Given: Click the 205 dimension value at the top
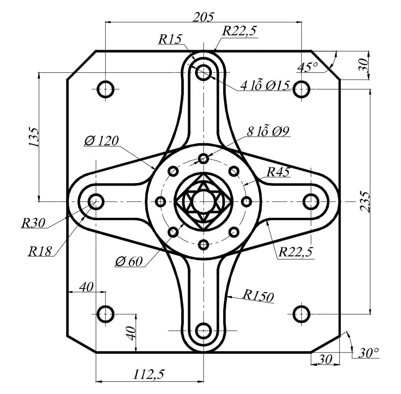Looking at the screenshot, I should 203,17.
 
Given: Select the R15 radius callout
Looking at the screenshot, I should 170,39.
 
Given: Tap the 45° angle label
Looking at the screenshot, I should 307,67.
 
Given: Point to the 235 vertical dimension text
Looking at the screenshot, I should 365,202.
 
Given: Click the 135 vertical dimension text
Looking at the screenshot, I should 34,137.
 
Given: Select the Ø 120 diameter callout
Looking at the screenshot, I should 101,141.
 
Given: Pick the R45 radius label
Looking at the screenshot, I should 278,172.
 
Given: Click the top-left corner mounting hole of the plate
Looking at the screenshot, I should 105,89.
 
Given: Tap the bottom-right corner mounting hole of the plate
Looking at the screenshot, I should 301,314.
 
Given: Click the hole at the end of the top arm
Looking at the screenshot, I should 204,71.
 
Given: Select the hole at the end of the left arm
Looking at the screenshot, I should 96,202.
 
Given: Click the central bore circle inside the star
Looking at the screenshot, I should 204,202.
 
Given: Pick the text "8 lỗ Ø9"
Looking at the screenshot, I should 268,131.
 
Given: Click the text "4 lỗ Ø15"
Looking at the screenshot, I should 264,86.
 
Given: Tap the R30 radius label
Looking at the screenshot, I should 33,222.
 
